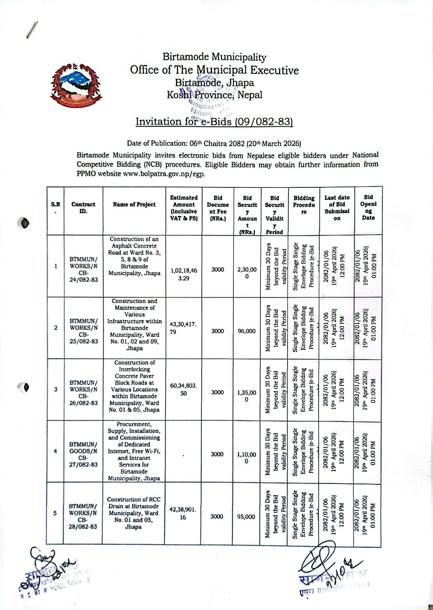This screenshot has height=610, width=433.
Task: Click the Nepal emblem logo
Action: [76, 85]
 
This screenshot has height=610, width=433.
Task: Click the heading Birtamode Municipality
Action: [214, 57]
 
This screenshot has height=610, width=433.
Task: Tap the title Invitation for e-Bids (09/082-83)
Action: [214, 121]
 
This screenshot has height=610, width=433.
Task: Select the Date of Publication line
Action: [214, 144]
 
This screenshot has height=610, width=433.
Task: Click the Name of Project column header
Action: [134, 204]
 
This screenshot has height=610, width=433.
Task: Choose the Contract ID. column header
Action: [83, 208]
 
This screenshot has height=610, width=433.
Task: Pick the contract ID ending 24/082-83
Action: [83, 269]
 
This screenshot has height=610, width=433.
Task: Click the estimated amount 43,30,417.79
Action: [183, 328]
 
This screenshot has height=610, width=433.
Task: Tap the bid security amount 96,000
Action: [246, 331]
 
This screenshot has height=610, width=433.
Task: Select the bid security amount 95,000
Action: [246, 517]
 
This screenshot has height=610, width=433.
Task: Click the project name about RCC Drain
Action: [133, 513]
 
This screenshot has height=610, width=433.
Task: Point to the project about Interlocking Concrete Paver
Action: [134, 386]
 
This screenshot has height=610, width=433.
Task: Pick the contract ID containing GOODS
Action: [83, 454]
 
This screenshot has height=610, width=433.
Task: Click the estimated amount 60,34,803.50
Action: [183, 389]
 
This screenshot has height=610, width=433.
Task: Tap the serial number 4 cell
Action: [55, 451]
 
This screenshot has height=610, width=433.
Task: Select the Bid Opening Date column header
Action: [368, 207]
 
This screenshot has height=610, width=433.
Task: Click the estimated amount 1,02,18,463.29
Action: [183, 274]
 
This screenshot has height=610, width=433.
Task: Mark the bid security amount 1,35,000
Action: [246, 396]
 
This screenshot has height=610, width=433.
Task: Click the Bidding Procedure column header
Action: [304, 205]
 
